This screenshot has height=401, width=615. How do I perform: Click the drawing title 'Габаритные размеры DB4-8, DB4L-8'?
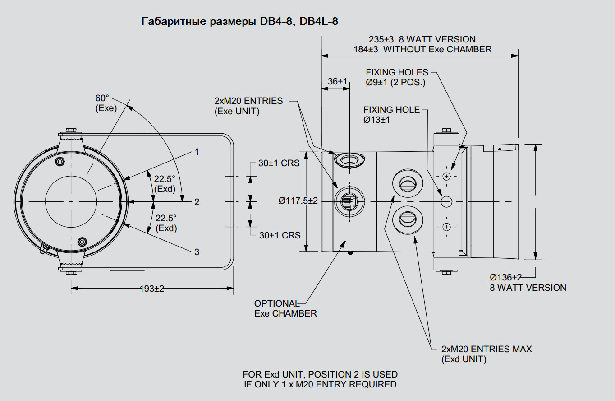tap(239, 21)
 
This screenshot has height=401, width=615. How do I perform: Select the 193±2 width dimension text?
tap(152, 289)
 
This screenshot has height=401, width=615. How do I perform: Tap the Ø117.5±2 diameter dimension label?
tap(298, 200)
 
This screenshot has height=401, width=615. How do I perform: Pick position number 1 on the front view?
tap(197, 152)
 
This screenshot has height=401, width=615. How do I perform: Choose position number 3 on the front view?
tap(197, 252)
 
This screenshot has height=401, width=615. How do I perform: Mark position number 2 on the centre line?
tap(197, 202)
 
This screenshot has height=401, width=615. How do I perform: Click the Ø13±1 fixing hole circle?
tap(446, 201)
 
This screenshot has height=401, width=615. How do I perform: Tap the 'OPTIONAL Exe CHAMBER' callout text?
tap(285, 308)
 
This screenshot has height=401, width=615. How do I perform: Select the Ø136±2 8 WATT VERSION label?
tap(528, 282)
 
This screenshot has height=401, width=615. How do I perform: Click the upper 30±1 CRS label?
tap(279, 163)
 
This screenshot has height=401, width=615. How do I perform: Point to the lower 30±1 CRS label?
tap(280, 235)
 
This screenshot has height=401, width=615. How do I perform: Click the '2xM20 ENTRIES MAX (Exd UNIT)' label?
tap(486, 354)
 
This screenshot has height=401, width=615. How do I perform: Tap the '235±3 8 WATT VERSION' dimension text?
tap(422, 39)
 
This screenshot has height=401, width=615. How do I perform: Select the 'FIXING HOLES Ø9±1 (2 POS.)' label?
tap(396, 77)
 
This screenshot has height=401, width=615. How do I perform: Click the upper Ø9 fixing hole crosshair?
tap(446, 176)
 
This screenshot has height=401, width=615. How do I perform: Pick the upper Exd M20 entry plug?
tap(408, 183)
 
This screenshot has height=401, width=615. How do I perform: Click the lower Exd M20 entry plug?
tap(408, 219)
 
